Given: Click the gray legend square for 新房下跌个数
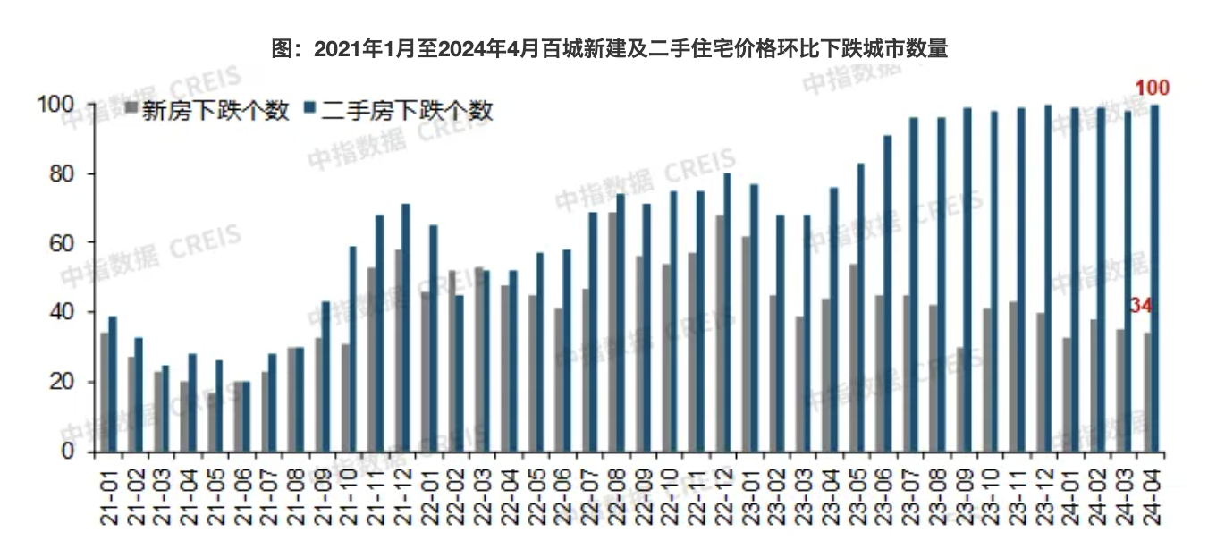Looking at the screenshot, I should [131, 110].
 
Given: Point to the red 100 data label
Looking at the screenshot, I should [1153, 88].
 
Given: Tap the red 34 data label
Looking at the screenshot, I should [1140, 306].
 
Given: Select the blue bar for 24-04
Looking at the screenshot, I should [1154, 277].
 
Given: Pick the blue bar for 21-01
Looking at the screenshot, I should [113, 384].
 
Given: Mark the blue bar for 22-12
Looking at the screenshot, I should [727, 312].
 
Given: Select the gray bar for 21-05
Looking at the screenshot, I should [211, 421].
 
